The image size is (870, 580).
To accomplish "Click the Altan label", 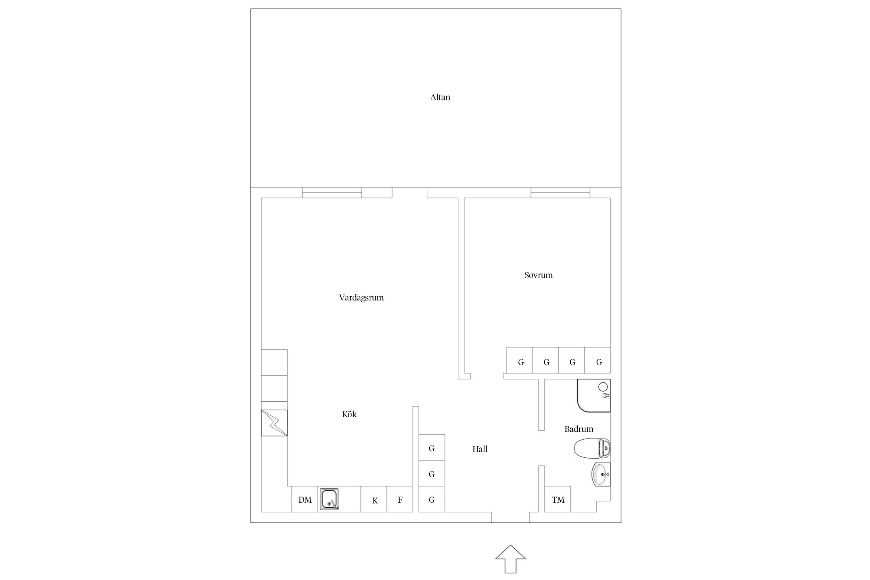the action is pos(440,97).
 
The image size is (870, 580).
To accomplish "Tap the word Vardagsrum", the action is pos(361,298).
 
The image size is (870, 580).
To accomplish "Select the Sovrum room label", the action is pos(538,275).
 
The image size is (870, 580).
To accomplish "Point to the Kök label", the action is pos(349,414).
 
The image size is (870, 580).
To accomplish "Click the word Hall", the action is pos(480,449).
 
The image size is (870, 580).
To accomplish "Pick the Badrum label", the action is pos(578,429).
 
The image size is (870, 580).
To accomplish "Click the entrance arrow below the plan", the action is pos(510,559).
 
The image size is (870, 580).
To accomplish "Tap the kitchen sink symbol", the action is pos(329,499).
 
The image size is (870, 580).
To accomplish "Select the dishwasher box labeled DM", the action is pos(305,499).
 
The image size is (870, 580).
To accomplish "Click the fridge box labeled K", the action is pos(374,499).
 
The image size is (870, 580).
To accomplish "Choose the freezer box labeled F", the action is pos(400,499).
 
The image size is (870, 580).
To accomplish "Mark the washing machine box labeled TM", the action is pos(558,499).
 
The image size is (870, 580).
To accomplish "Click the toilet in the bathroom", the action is pos(592,448).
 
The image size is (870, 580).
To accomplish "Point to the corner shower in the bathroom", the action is pos(594,396).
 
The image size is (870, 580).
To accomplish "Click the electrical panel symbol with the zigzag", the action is pos(274,423).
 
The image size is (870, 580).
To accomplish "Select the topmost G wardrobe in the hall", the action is pos(432,447).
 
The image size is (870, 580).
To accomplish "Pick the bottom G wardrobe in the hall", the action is pos(432,499).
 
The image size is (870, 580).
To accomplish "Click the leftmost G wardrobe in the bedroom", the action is pos(520,360).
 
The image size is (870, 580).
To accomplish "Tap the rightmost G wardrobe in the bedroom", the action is pos(597,360).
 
